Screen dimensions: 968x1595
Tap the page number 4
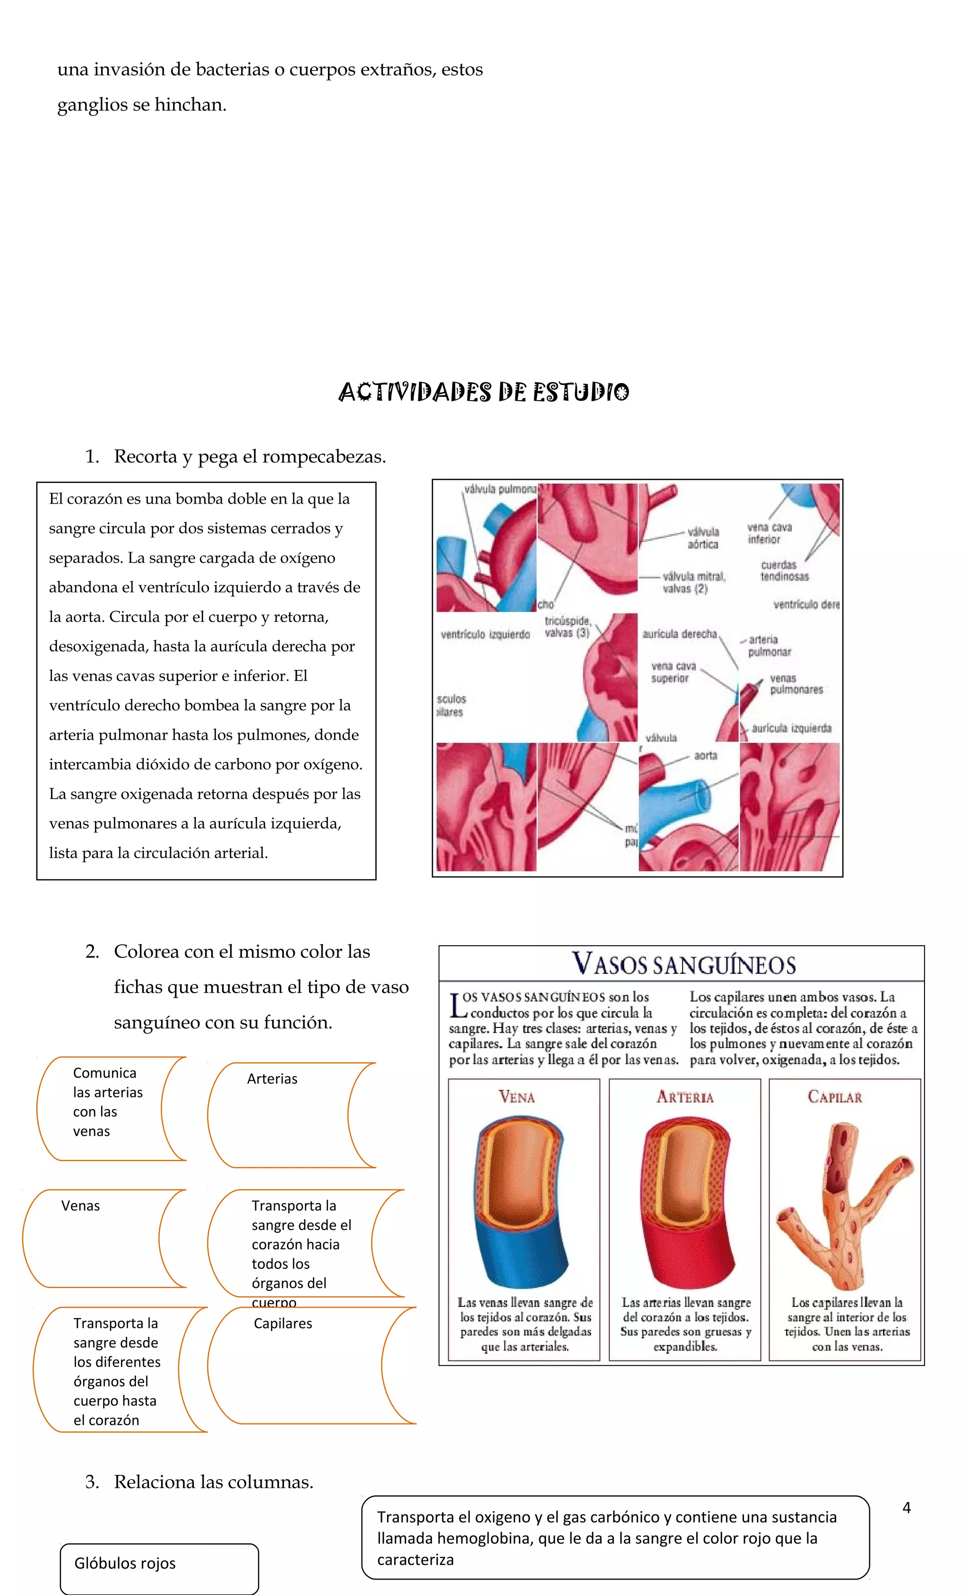point(907,1508)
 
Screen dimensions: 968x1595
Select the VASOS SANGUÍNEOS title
point(683,964)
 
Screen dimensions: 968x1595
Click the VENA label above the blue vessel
point(516,1097)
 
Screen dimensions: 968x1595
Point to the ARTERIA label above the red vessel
point(684,1097)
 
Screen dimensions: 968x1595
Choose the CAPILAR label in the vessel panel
point(835,1097)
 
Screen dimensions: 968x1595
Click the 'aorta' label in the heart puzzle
point(705,756)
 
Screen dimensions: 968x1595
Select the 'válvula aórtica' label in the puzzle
point(703,538)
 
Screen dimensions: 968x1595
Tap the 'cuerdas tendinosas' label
point(784,570)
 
